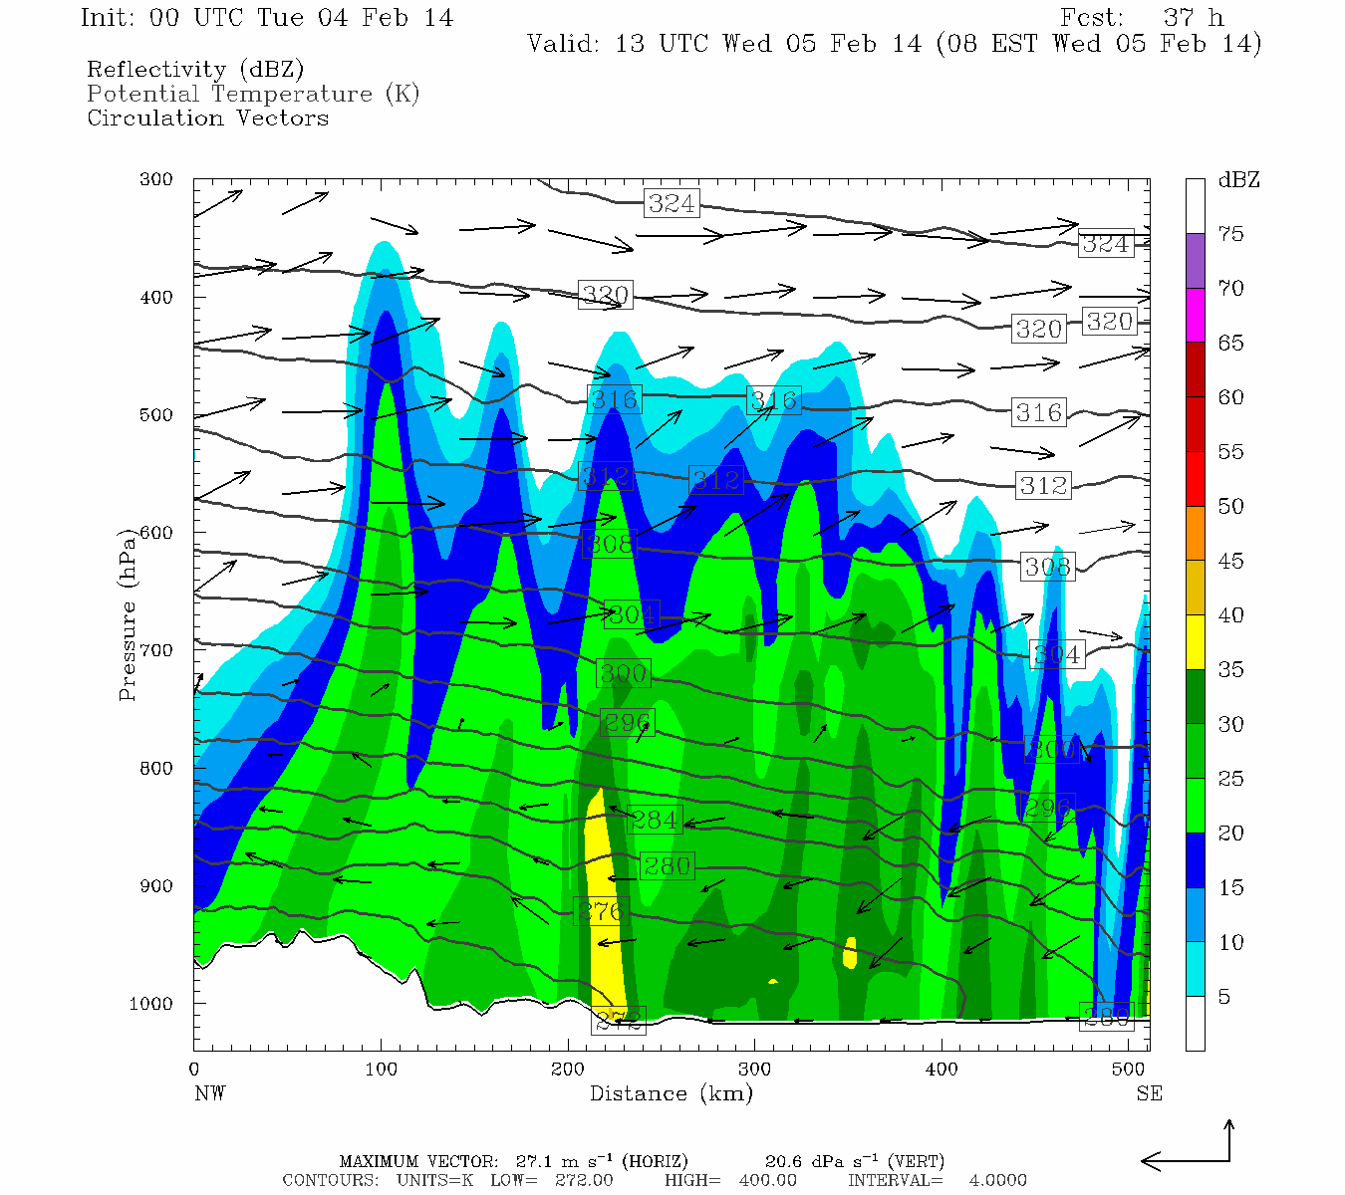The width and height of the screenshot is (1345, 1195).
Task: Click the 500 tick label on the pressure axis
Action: click(x=156, y=415)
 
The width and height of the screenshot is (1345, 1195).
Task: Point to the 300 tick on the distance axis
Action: click(x=754, y=1070)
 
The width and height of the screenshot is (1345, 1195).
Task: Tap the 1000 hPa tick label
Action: click(x=150, y=1004)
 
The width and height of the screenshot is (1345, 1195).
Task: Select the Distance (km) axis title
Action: click(x=671, y=1093)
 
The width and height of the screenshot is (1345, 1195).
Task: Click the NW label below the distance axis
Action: click(x=209, y=1093)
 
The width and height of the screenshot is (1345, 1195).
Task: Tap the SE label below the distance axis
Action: click(x=1149, y=1093)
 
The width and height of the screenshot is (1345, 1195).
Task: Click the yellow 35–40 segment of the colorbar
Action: click(x=1195, y=642)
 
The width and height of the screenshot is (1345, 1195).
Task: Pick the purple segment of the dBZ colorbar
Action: click(x=1195, y=261)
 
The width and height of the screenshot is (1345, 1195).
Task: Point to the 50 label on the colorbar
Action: click(x=1230, y=506)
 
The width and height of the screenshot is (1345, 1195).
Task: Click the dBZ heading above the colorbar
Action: click(x=1238, y=180)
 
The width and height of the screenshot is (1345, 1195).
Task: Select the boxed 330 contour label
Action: click(x=606, y=294)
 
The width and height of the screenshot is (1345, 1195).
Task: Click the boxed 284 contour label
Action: click(x=655, y=820)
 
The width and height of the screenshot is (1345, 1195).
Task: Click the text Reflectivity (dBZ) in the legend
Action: click(x=195, y=70)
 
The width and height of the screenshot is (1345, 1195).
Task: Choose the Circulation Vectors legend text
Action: click(x=207, y=118)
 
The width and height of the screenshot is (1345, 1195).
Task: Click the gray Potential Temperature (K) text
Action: click(x=253, y=94)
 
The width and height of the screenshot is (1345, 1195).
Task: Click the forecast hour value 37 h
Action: click(x=1193, y=18)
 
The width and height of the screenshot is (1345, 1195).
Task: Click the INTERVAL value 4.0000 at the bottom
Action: click(x=997, y=1180)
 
